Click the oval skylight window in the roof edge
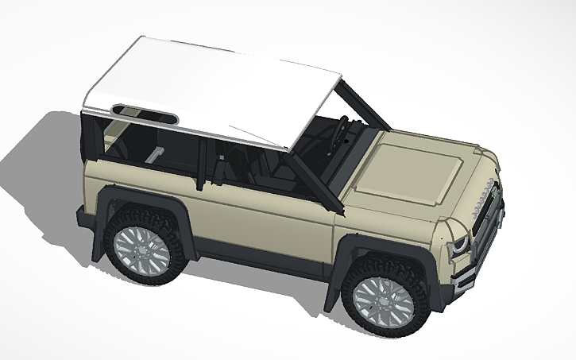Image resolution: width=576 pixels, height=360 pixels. pyautogui.click(x=143, y=114)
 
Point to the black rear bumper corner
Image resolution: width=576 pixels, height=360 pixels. pyautogui.click(x=83, y=219)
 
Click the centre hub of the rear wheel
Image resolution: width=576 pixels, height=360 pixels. pyautogui.click(x=140, y=249)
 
